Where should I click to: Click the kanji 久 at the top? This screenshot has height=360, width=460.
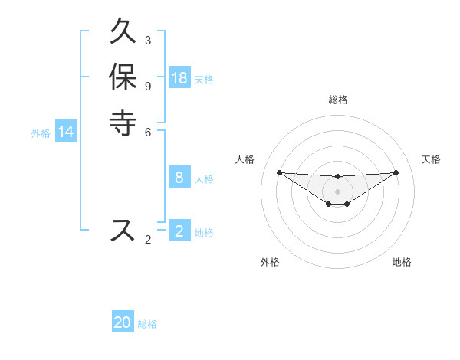coord(123,34)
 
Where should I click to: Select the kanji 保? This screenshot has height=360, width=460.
coord(123,78)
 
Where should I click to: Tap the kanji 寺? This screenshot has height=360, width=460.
coord(123,122)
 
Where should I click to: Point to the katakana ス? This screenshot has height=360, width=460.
coord(123,230)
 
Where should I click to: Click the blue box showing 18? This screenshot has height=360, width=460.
coord(179,78)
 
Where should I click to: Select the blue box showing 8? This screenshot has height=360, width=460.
coord(179,178)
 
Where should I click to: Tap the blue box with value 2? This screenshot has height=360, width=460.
coord(179,231)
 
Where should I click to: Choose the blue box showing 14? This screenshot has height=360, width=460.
coord(66,133)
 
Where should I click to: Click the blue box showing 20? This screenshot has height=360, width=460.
coord(123,322)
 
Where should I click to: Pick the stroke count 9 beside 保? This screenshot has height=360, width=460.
coord(148,86)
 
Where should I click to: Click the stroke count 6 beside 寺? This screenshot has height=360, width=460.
coord(148,131)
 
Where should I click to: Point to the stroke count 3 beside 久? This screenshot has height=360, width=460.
coord(148,40)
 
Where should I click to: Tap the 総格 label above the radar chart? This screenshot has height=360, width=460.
coord(338,100)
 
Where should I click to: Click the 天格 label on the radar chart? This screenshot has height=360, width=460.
coord(431,159)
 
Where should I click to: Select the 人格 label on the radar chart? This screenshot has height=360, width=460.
coord(245,159)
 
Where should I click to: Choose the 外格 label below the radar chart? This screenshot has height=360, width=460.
coord(270,262)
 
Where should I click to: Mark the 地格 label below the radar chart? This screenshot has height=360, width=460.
coord(402,262)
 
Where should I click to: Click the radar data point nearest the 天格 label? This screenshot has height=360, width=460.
coord(396,172)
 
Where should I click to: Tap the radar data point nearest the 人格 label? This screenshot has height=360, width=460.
coord(279,172)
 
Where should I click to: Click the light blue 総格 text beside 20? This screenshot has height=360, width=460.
coord(147,323)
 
